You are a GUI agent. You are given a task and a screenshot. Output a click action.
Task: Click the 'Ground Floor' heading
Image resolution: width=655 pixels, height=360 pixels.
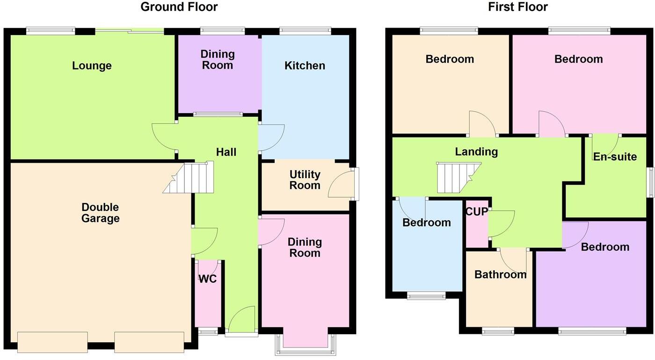pyautogui.click(x=179, y=7)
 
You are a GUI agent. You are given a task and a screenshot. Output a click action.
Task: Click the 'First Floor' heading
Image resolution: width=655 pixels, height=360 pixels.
pyautogui.click(x=517, y=7)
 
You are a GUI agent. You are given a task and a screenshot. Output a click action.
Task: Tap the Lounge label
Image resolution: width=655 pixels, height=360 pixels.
pyautogui.click(x=92, y=65)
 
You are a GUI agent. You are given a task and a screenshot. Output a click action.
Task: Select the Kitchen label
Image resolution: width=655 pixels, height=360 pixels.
pyautogui.click(x=305, y=65)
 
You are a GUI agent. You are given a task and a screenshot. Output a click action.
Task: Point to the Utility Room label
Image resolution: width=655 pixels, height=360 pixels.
pyautogui.click(x=305, y=180)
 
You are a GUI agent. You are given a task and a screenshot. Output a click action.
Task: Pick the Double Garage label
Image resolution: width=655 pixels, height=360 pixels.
pyautogui.click(x=100, y=213)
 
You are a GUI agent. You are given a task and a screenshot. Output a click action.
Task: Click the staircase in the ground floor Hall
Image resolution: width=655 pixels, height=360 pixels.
pyautogui.click(x=190, y=178)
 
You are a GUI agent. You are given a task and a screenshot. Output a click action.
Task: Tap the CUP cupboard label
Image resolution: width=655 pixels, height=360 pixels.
pyautogui.click(x=476, y=211)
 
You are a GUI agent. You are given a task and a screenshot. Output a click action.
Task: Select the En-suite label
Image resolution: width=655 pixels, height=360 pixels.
pyautogui.click(x=615, y=157)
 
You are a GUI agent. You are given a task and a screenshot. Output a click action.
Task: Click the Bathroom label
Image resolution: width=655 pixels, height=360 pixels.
pyautogui.click(x=500, y=274)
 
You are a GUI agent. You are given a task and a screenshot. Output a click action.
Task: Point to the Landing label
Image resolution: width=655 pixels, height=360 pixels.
pyautogui.click(x=476, y=151)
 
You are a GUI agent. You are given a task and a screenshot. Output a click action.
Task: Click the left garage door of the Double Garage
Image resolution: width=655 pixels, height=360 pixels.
pyautogui.click(x=52, y=342)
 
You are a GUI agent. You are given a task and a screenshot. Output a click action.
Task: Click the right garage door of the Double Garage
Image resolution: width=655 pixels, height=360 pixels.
pyautogui.click(x=149, y=342)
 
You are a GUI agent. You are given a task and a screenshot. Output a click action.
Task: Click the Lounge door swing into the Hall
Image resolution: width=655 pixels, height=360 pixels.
pyautogui.click(x=164, y=136)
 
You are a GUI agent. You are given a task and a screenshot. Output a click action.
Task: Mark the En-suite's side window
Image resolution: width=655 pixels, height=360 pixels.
pyautogui.click(x=650, y=183)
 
